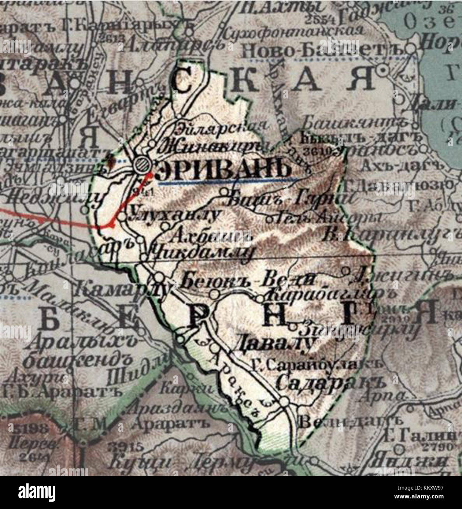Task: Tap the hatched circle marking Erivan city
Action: coord(141,164)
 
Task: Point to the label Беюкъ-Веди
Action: coord(248,280)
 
